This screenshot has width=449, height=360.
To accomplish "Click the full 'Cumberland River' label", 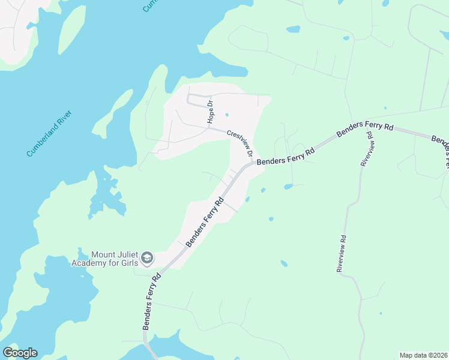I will click(x=49, y=134).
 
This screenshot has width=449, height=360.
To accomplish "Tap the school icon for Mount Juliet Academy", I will click(x=147, y=259).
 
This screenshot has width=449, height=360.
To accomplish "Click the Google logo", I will click(x=20, y=352).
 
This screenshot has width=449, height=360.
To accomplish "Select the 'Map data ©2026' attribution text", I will click(x=423, y=355).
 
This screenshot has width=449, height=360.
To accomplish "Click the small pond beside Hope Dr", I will click(x=226, y=115).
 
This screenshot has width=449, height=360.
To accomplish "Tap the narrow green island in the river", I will click(x=71, y=29).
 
